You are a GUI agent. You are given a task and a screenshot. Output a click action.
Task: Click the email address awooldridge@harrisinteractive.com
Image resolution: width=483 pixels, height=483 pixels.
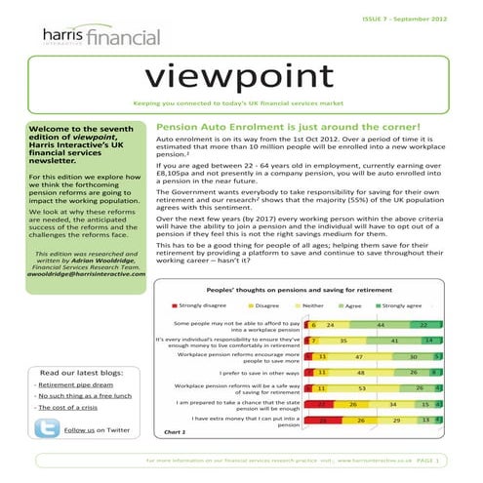75,272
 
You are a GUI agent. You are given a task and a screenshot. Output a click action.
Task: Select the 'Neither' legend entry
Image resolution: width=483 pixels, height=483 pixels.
314,305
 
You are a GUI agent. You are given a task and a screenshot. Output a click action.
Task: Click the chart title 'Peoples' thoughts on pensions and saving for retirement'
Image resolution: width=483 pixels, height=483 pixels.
306,289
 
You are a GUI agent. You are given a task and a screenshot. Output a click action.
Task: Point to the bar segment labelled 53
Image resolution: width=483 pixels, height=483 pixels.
360,388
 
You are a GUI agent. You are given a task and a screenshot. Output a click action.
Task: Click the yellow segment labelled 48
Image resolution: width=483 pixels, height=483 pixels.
360,372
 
